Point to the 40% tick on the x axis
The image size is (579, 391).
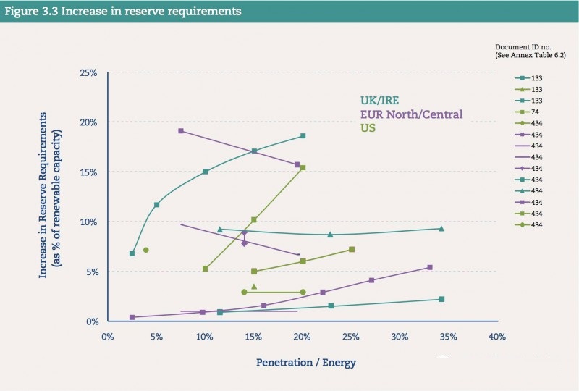[x=496, y=337]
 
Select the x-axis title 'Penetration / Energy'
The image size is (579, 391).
[x=306, y=361]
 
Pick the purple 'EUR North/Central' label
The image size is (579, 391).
[x=411, y=114]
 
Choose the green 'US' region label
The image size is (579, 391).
[x=368, y=128]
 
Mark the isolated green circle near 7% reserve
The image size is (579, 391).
[x=146, y=250]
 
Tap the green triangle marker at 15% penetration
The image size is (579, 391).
[x=253, y=287]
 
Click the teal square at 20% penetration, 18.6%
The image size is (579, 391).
[x=303, y=136]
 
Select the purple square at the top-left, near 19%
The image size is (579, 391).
[x=180, y=131]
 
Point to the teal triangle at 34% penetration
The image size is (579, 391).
[x=441, y=229]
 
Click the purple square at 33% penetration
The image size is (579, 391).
[x=429, y=267]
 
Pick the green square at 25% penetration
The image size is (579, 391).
[x=352, y=249]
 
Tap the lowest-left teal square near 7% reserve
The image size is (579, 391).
[x=132, y=253]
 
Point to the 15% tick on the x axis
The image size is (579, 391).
[x=253, y=337]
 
